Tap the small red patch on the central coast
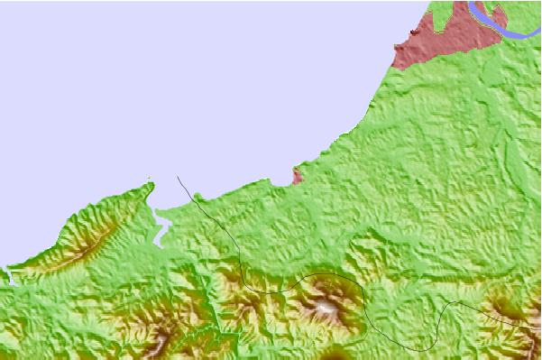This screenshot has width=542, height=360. (297, 176)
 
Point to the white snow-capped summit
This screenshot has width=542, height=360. (326, 309)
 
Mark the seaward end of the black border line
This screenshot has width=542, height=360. (179, 177)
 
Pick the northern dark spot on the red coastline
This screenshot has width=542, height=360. (414, 33)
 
